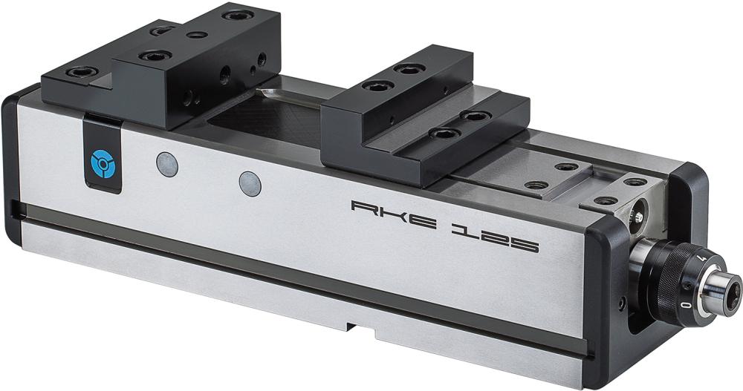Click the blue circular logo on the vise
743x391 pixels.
point(99,162)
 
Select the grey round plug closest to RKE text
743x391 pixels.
point(250,183)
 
